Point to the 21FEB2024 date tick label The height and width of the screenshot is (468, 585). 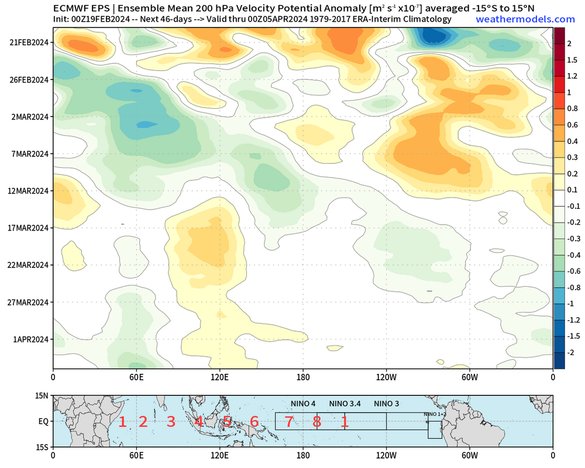pos(28,43)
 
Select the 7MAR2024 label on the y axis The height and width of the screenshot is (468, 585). pos(28,154)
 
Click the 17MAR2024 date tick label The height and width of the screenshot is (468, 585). pos(28,228)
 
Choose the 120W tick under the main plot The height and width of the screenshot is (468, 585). pos(386,377)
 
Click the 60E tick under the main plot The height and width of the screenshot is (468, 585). pos(136,377)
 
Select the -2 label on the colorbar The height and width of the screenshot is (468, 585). pos(570,353)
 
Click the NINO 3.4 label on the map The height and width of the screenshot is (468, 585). pos(345,404)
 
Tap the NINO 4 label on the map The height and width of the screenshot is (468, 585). pos(303,404)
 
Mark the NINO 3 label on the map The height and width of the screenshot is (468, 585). pos(386,404)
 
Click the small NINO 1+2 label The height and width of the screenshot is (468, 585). pos(435,415)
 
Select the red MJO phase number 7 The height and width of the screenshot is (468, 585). pos(288,421)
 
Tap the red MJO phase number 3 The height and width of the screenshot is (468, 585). pos(171,421)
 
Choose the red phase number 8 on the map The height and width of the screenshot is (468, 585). pos(316,421)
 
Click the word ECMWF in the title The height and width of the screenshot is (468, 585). pos(71,8)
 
